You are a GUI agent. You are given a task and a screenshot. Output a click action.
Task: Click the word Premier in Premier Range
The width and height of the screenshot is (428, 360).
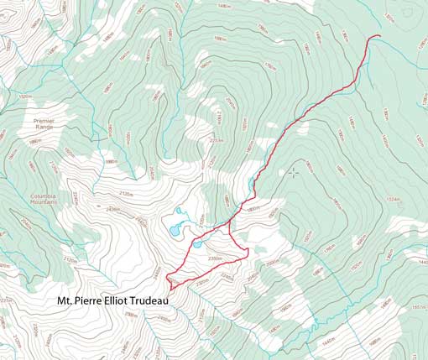pyautogui.click(x=44, y=121)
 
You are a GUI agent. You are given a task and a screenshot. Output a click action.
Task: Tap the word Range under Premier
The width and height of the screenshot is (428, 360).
pyautogui.click(x=44, y=128)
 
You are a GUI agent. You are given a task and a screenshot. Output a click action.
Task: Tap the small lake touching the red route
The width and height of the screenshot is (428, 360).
pyautogui.click(x=196, y=245)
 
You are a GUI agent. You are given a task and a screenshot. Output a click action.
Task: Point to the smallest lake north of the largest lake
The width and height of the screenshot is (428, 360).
pyautogui.click(x=178, y=211)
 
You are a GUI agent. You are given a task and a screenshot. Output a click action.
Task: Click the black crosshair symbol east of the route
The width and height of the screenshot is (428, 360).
pyautogui.click(x=293, y=173)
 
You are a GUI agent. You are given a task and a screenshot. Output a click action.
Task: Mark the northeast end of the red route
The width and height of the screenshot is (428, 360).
pyautogui.click(x=380, y=36)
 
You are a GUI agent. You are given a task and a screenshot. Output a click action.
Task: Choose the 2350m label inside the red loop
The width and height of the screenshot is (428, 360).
pyautogui.click(x=215, y=257)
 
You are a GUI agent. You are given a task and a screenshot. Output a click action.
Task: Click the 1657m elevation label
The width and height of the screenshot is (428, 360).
pyautogui.click(x=418, y=309)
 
